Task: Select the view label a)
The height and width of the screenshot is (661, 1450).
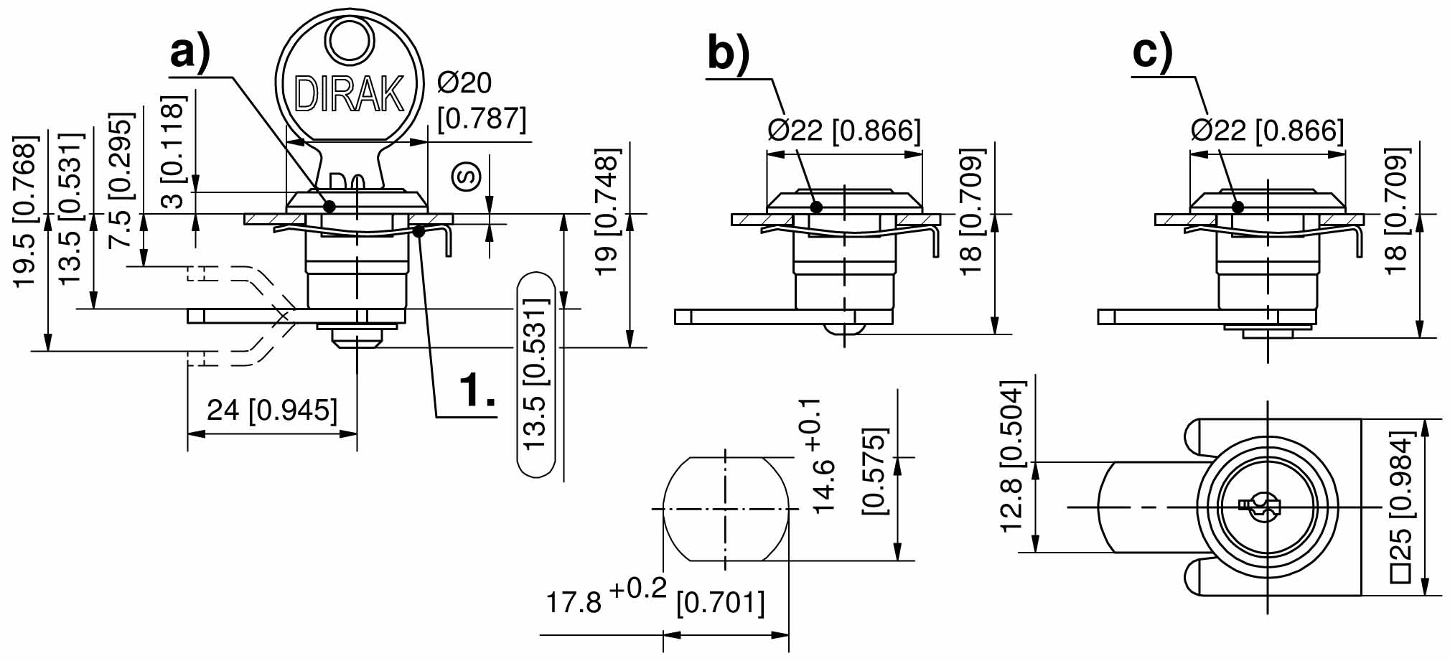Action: tap(190, 52)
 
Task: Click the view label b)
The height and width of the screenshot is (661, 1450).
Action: tap(728, 52)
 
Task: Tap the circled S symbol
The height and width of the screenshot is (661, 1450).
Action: tap(467, 175)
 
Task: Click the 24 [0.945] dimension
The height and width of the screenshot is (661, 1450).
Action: tap(271, 411)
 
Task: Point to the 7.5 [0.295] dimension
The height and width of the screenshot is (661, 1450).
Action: tap(121, 179)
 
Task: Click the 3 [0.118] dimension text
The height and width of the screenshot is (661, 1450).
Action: tap(174, 152)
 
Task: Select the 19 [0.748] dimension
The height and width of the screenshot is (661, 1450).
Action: tap(607, 212)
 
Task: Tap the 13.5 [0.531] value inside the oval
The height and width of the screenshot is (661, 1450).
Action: tap(536, 375)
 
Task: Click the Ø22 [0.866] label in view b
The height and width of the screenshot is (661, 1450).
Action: tap(843, 131)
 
